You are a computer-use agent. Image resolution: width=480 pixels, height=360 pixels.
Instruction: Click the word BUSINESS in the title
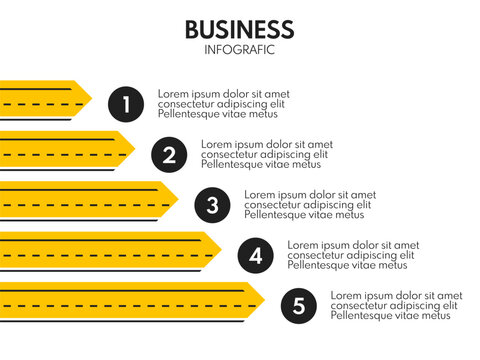click(239, 29)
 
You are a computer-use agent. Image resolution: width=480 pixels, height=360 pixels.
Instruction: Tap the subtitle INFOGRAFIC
click(239, 49)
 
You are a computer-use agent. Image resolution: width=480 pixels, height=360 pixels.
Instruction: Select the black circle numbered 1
click(126, 103)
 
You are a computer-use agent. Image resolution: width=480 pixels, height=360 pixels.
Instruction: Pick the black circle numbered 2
click(169, 154)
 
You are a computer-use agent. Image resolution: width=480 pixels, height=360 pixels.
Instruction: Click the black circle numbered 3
click(212, 205)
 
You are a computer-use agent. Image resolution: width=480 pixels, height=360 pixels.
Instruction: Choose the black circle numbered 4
click(255, 256)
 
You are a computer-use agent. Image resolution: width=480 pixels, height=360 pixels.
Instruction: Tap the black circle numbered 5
click(298, 306)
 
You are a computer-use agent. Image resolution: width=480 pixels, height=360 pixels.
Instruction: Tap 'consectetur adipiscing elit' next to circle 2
click(265, 154)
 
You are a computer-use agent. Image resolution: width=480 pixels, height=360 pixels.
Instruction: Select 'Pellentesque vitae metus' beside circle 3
click(304, 215)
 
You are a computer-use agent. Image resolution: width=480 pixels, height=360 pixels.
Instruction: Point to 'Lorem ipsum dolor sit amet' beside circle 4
click(353, 245)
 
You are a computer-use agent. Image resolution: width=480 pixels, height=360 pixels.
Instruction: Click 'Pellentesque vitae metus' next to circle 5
click(391, 316)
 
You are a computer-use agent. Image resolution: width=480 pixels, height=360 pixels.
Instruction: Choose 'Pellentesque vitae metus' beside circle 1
click(218, 113)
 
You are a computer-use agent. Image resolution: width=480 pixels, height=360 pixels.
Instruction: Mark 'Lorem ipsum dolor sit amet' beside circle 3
click(310, 195)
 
